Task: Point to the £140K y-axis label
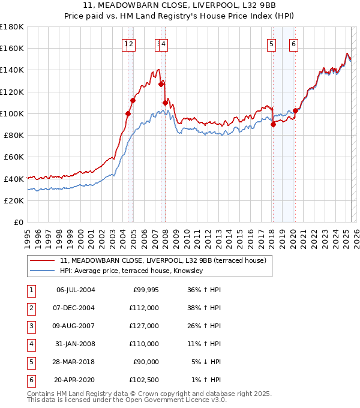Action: coord(12,70)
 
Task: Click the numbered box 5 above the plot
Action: coord(272,43)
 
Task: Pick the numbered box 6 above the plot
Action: coord(293,43)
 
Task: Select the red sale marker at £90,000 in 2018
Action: coord(273,125)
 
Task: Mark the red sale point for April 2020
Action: coord(295,111)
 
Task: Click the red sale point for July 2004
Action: coord(128,113)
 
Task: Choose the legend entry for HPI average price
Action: coord(131,271)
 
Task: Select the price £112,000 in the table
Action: coord(144,308)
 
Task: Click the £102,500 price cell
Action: coord(144,380)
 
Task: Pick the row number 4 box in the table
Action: coord(31,344)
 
